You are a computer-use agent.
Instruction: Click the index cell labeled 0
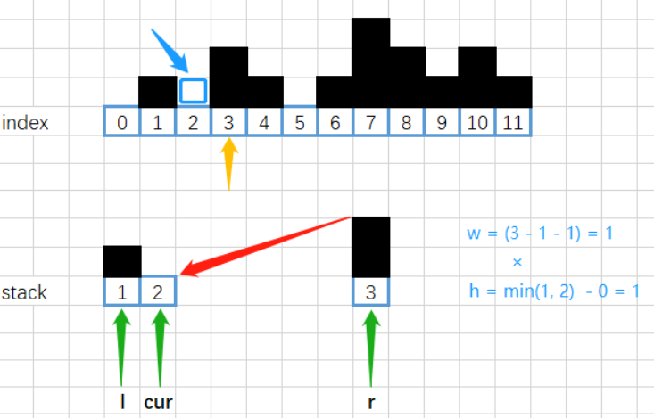tap(122, 121)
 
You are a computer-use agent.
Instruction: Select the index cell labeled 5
tap(300, 121)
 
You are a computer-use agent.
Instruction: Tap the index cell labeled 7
tap(370, 121)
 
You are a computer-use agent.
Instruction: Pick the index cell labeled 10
tap(477, 121)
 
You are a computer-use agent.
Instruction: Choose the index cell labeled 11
tap(513, 121)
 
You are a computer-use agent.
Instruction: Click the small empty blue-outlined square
tap(193, 91)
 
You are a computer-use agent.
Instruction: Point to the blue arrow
tap(170, 51)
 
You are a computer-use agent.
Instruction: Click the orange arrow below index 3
tap(228, 164)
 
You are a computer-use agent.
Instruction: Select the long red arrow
tap(266, 246)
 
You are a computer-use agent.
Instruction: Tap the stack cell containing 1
tap(122, 291)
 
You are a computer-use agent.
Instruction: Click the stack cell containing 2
tap(158, 291)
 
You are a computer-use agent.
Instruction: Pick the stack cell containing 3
tap(371, 291)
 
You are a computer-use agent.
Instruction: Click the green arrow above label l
tap(122, 348)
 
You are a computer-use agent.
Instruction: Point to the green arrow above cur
tap(161, 348)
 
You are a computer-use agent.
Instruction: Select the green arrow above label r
tap(371, 348)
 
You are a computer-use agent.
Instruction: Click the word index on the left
tap(25, 122)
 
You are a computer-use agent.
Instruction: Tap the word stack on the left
tap(24, 292)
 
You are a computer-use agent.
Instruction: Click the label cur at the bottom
tap(158, 403)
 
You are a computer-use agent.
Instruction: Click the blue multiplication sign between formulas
tap(517, 262)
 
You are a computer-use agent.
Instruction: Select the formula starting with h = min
tap(554, 291)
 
